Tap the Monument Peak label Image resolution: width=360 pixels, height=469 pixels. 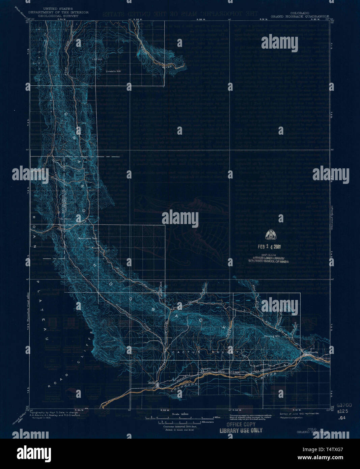point(88,239)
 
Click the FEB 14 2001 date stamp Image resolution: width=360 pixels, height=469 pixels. point(269,246)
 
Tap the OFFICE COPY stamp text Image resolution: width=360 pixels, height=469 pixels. point(241,425)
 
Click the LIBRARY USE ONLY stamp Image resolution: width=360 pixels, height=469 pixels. point(241,431)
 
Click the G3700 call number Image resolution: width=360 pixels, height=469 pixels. point(344,405)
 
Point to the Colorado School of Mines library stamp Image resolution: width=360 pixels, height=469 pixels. point(269,261)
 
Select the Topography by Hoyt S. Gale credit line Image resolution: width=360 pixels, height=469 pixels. point(51,413)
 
